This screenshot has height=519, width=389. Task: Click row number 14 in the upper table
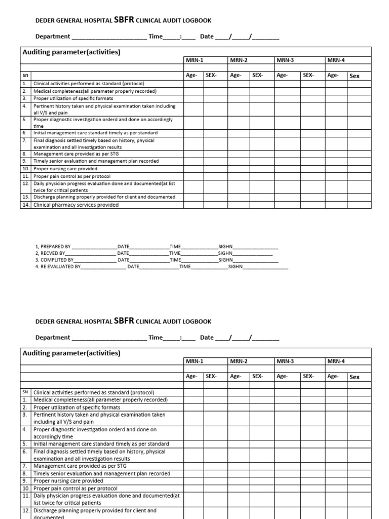pyautogui.click(x=25, y=205)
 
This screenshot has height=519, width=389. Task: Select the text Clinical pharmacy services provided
pyautogui.click(x=76, y=205)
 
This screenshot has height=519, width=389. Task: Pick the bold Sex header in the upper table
pyautogui.click(x=355, y=76)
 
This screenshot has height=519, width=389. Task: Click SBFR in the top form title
pyautogui.click(x=124, y=20)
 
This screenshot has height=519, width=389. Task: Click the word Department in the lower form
pyautogui.click(x=53, y=338)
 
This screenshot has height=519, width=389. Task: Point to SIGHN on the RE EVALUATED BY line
pyautogui.click(x=236, y=266)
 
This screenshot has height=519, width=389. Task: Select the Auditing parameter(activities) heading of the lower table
pyautogui.click(x=71, y=353)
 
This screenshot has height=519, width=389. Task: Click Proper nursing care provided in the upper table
pyautogui.click(x=65, y=168)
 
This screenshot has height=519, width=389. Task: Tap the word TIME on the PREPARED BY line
pyautogui.click(x=175, y=246)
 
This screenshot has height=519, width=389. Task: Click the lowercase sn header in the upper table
pyautogui.click(x=25, y=75)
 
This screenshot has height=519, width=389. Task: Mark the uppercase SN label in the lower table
pyautogui.click(x=25, y=392)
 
